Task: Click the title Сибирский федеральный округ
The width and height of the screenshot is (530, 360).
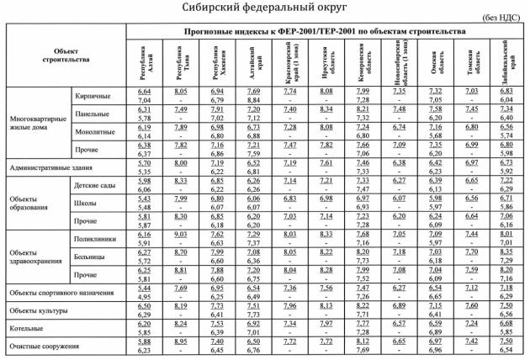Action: [x=264, y=8]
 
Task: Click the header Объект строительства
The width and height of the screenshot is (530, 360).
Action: [x=65, y=56]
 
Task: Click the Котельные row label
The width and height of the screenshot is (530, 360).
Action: [x=29, y=328]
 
